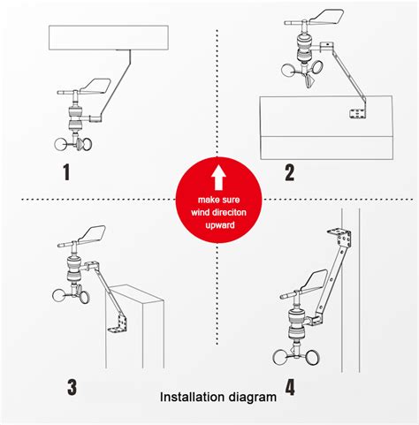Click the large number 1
65,171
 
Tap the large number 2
289,171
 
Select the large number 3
71,385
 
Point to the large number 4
290,385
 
